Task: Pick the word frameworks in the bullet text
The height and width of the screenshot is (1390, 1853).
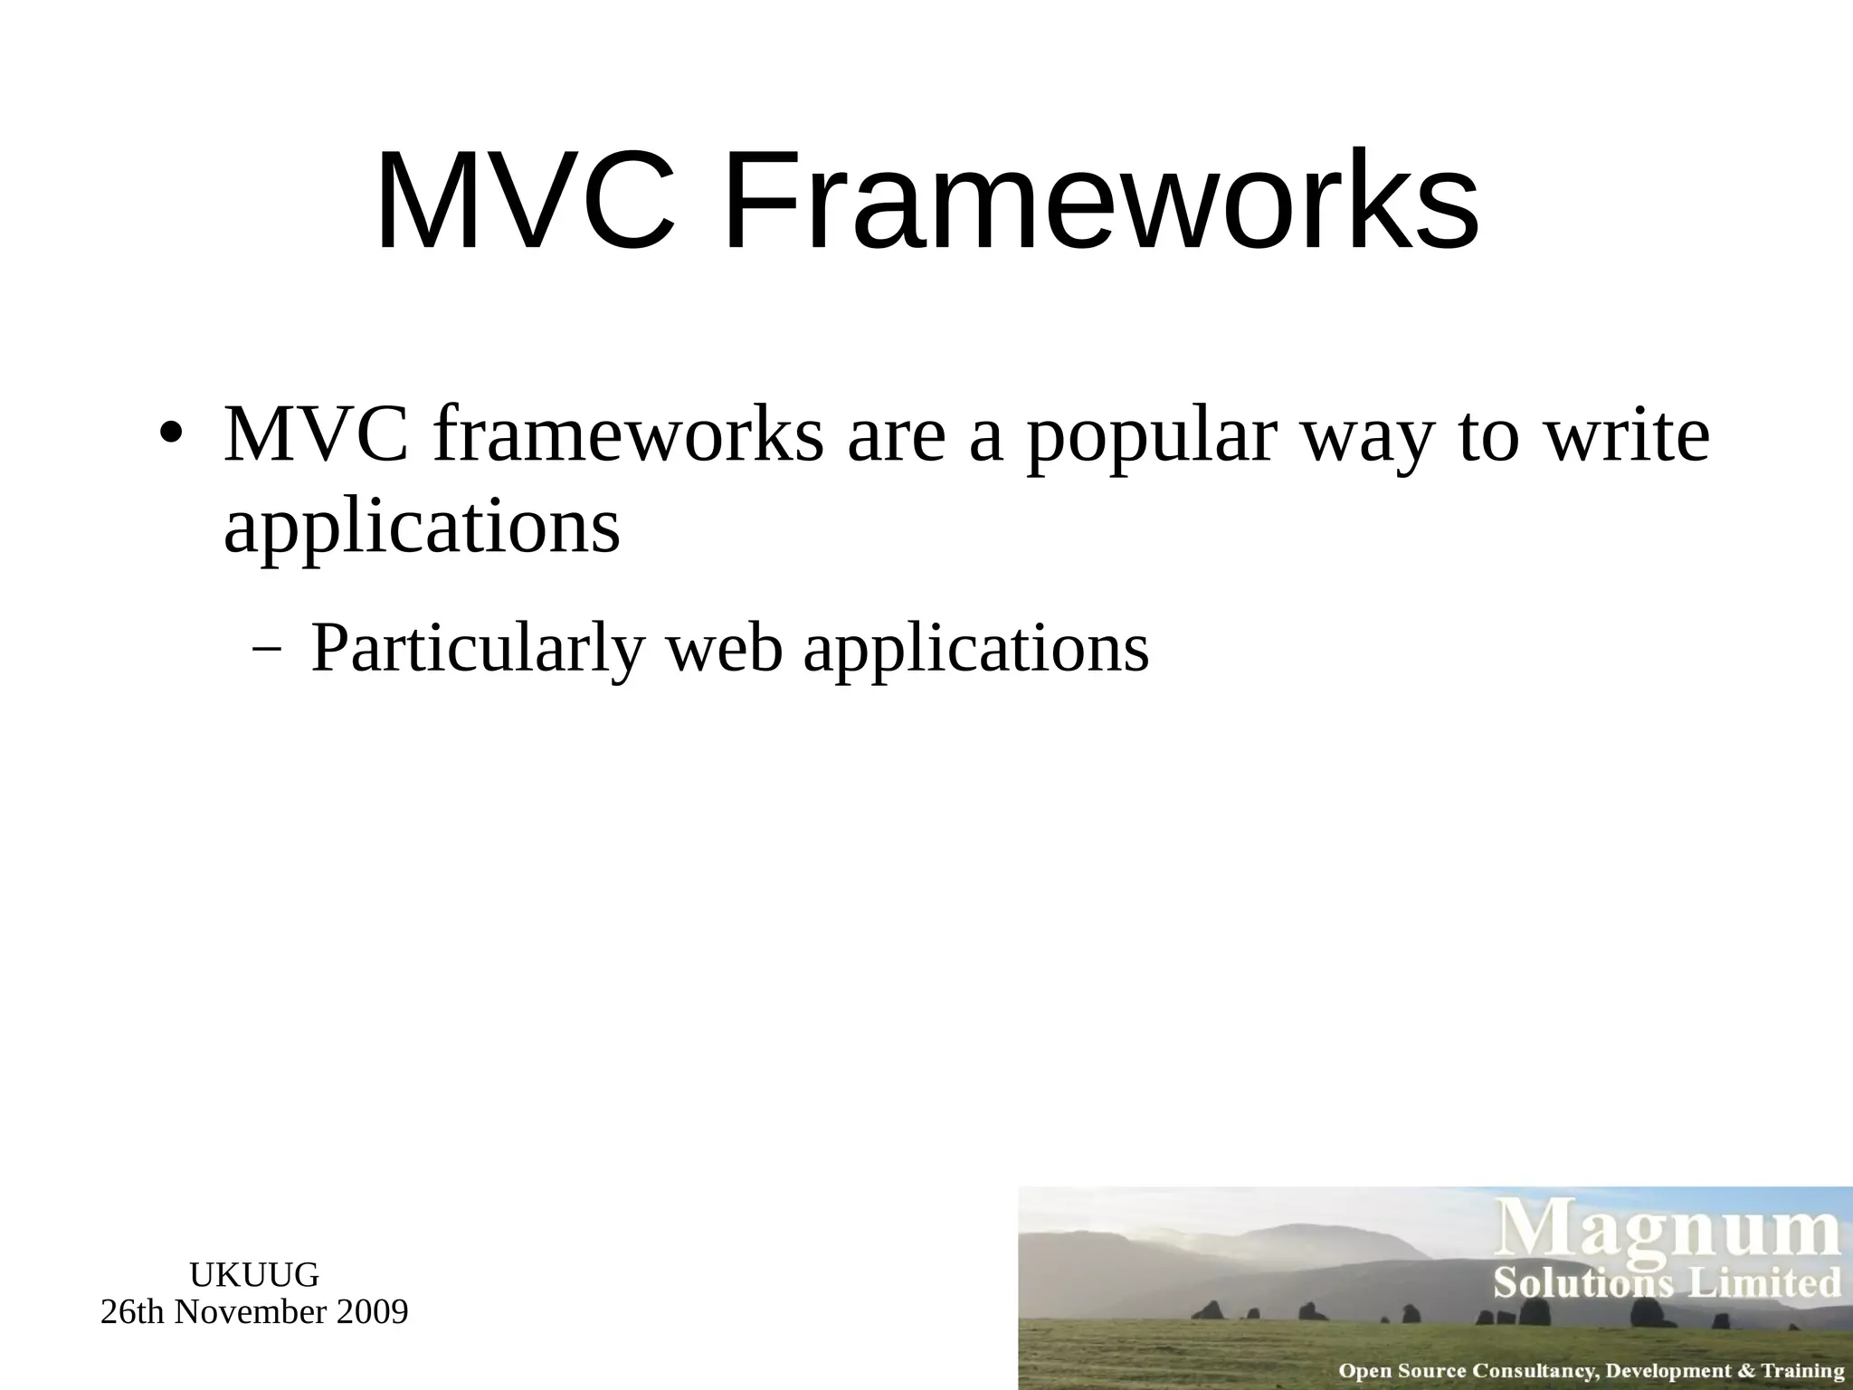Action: tap(629, 434)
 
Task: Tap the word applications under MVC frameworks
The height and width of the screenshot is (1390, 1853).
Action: tap(422, 530)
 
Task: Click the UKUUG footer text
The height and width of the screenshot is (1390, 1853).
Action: tap(254, 1275)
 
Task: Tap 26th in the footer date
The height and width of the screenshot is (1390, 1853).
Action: tap(134, 1312)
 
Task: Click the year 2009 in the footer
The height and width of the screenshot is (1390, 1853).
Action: tap(372, 1312)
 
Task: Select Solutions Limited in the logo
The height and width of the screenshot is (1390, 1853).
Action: tap(1667, 1283)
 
